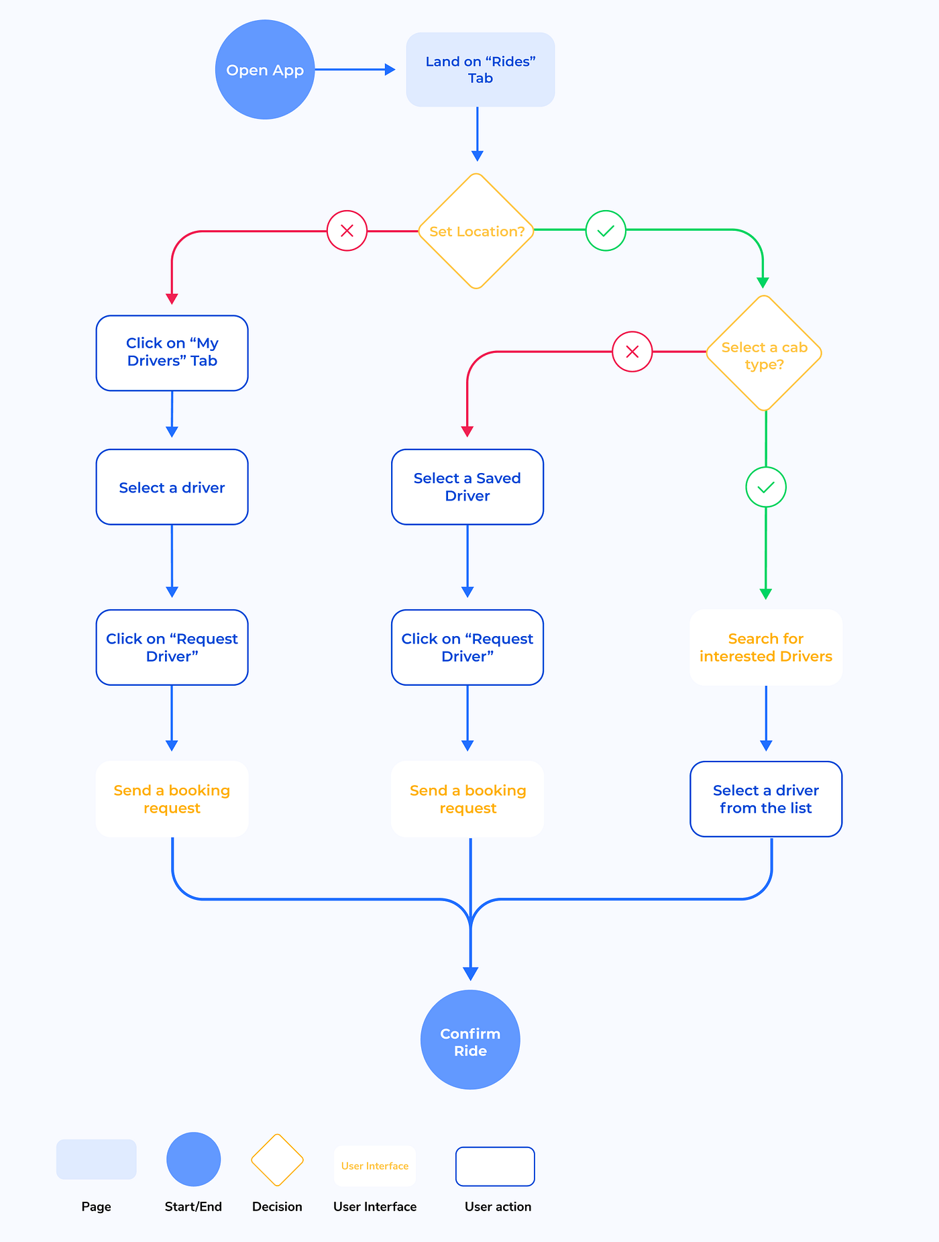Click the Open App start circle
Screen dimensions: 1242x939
[265, 70]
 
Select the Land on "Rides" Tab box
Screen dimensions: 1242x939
[480, 70]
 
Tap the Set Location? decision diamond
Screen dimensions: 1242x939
[476, 231]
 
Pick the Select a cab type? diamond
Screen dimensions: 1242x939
[764, 354]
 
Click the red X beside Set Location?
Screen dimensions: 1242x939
[347, 231]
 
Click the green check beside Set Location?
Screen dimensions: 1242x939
[606, 231]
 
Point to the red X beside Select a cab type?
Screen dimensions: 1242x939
[632, 352]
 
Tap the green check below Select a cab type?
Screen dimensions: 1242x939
[766, 487]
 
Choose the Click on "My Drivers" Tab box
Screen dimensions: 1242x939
[172, 353]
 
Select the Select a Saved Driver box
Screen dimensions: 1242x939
[467, 487]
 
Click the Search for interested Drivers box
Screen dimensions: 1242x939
[766, 648]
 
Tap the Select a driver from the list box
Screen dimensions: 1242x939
[766, 799]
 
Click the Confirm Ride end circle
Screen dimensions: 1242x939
[470, 1039]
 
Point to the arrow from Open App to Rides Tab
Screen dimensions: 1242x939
[355, 69]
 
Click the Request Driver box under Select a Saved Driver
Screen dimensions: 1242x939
[467, 648]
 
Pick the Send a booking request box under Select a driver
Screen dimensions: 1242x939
[172, 799]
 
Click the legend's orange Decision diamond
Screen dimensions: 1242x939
[277, 1159]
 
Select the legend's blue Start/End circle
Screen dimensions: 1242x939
[193, 1159]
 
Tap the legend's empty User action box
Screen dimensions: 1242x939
[495, 1166]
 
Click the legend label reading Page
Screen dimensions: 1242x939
[96, 1206]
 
